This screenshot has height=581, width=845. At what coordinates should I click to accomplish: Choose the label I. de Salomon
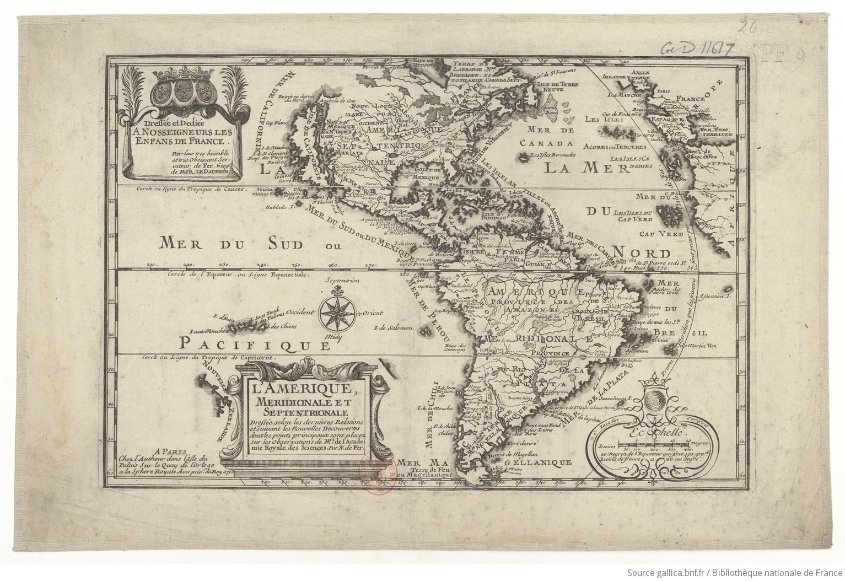click(x=392, y=329)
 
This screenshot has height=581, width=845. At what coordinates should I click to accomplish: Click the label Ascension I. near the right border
click(x=714, y=297)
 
